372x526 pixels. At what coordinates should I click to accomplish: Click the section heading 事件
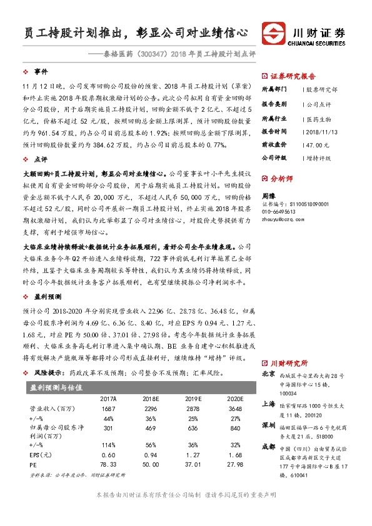click(41, 72)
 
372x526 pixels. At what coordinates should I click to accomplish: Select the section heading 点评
click(41, 159)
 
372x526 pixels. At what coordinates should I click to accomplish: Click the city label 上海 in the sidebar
click(268, 404)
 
